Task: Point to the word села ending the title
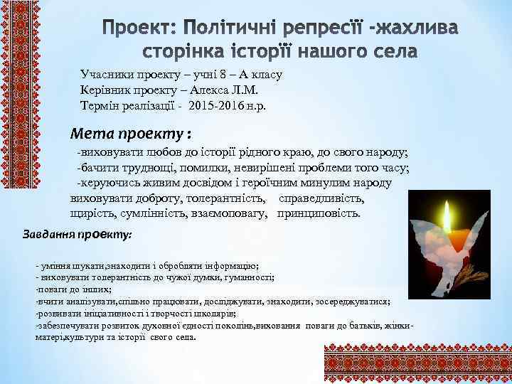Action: pyautogui.click(x=395, y=52)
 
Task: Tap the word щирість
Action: pyautogui.click(x=86, y=213)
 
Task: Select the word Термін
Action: pyautogui.click(x=101, y=105)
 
